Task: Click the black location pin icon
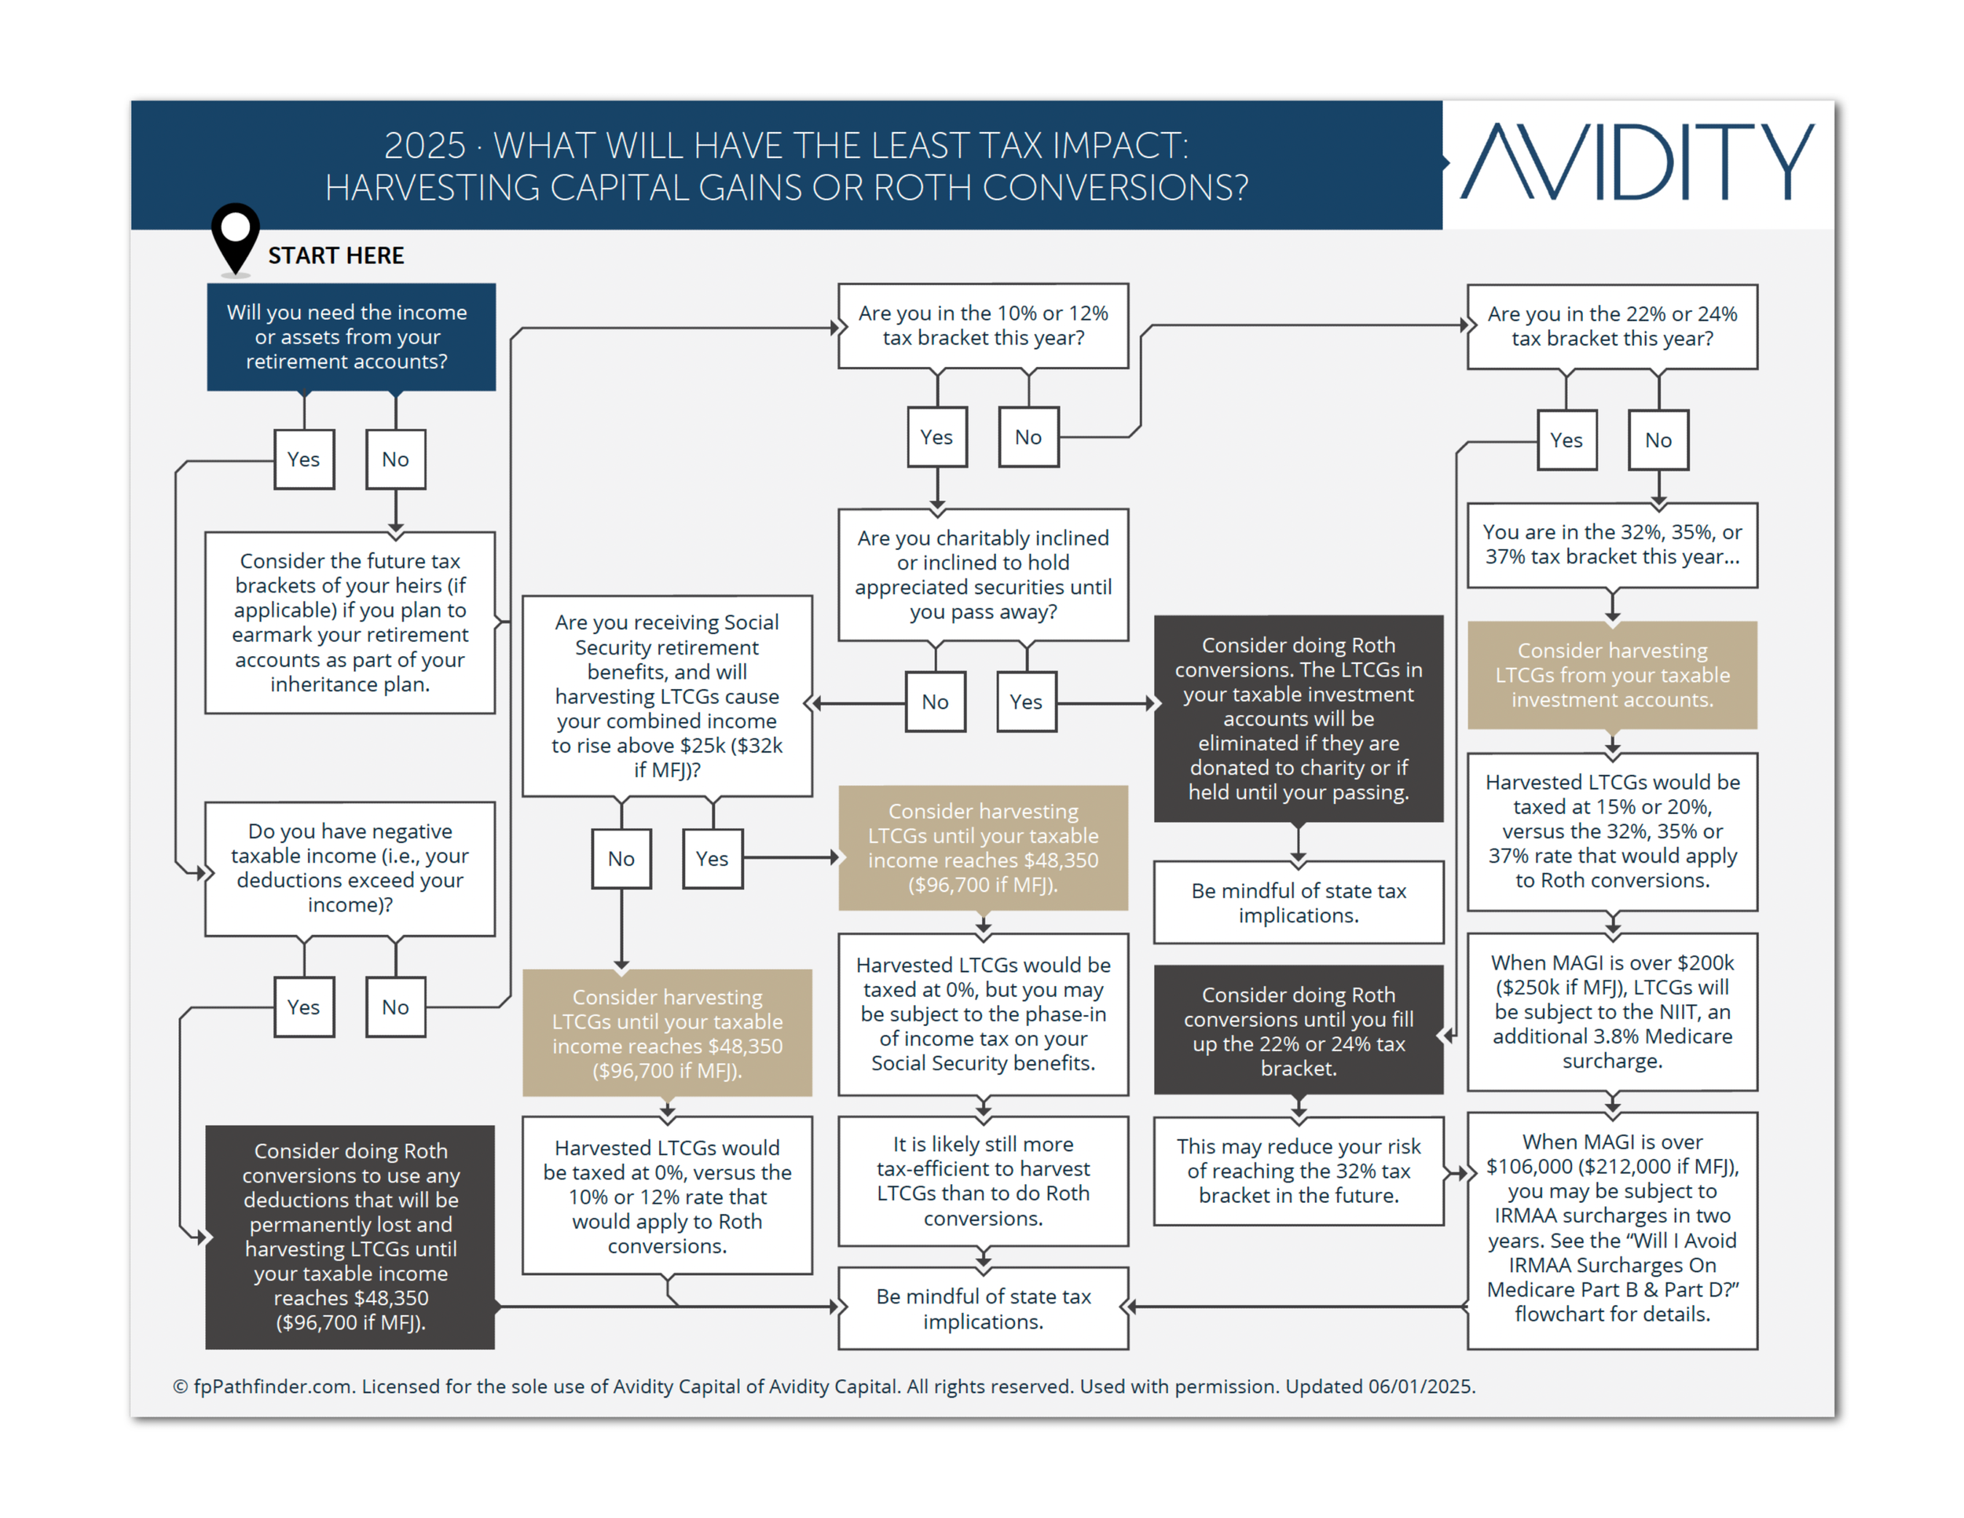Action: click(x=236, y=236)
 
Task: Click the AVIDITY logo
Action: click(x=1636, y=163)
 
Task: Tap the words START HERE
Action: click(x=335, y=256)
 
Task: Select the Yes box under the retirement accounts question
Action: click(x=304, y=460)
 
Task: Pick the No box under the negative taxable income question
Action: click(x=395, y=1007)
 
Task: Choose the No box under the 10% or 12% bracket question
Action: click(x=1028, y=438)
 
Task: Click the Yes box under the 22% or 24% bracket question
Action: click(x=1566, y=441)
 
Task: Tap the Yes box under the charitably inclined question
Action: click(x=1025, y=702)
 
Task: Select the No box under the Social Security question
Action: click(x=621, y=859)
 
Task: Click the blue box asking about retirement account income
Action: click(x=350, y=337)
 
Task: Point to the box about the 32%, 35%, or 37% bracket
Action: click(x=1611, y=545)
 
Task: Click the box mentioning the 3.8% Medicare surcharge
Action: click(x=1611, y=1012)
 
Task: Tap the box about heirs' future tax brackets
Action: click(x=350, y=622)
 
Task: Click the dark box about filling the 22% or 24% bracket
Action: click(x=1298, y=1031)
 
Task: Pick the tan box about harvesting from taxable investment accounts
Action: click(x=1611, y=676)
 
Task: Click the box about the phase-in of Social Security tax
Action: click(x=983, y=1014)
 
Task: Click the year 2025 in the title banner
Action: click(x=424, y=145)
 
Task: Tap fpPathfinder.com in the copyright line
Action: click(x=272, y=1387)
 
